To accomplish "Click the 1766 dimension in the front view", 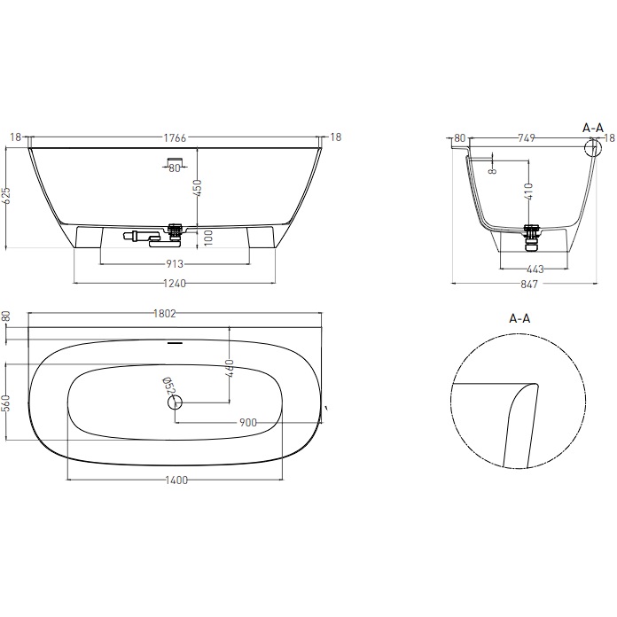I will click(x=174, y=137).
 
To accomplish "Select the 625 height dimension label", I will click(x=7, y=197).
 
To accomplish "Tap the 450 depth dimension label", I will click(x=199, y=188).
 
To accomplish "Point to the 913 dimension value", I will click(x=175, y=263).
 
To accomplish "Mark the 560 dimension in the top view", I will click(x=7, y=403).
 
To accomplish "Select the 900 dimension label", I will click(x=247, y=423).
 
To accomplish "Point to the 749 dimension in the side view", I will click(x=527, y=137).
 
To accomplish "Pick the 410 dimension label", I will click(x=529, y=191).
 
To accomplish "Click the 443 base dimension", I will click(x=534, y=269).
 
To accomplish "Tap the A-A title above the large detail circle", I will click(x=519, y=317).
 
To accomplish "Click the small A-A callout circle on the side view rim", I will click(x=591, y=147).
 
